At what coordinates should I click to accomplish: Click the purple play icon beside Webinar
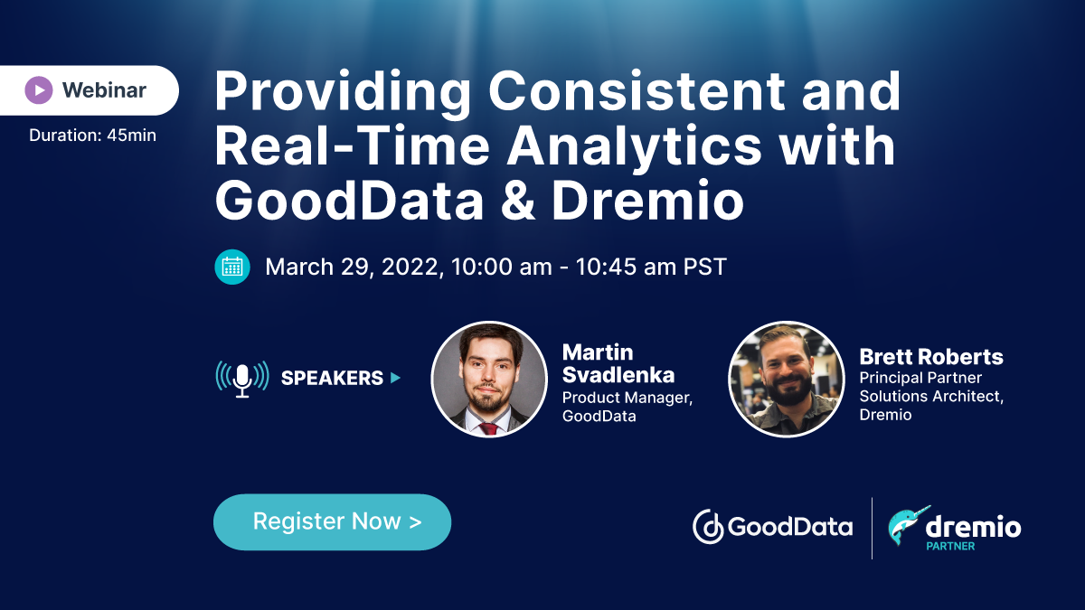(39, 90)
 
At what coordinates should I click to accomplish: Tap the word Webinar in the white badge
(104, 90)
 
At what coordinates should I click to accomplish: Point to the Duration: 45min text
(92, 135)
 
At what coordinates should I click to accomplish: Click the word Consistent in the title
(636, 91)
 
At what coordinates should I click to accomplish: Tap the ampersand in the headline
(518, 201)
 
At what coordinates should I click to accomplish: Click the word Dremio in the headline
(647, 200)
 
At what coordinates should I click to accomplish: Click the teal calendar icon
(232, 267)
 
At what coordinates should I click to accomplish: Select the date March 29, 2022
(352, 267)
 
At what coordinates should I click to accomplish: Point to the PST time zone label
(704, 267)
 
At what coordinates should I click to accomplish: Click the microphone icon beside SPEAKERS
(242, 379)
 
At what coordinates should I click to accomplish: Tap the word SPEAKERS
(333, 378)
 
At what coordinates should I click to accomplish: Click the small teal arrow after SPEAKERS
(396, 378)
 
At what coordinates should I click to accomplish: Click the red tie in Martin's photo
(487, 428)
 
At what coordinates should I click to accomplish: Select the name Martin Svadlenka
(618, 363)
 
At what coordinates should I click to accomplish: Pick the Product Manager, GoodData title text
(627, 407)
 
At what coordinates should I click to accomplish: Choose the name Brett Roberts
(931, 357)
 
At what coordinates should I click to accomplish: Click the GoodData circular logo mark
(708, 527)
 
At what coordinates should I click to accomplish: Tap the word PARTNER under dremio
(950, 546)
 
